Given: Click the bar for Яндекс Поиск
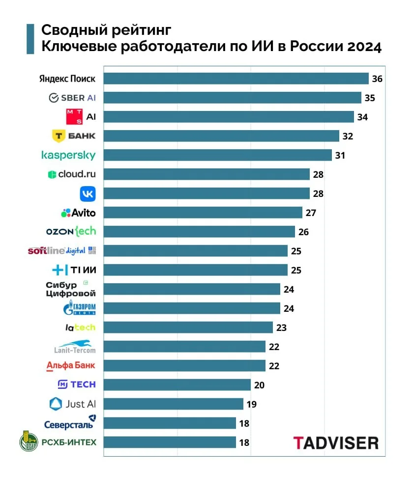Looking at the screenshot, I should tap(236, 79).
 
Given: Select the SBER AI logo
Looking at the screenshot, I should tap(72, 98).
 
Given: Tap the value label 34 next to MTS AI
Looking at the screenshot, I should tap(363, 117).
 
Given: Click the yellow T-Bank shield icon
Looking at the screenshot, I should tap(59, 136).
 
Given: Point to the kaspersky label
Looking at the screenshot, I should tap(68, 155).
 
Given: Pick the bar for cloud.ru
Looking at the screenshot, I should tap(206, 174).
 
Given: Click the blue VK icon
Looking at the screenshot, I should tap(88, 193).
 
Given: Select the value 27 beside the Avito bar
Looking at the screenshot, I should tap(311, 213).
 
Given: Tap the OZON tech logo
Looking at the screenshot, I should tap(71, 231).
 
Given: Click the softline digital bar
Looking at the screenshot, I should tap(195, 251).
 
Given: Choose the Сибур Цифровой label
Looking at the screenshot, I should tap(70, 289).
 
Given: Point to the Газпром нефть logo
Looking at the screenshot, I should tap(79, 308).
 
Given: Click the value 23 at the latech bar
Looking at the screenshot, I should tap(281, 327).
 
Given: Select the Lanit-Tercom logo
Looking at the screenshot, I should tap(75, 347).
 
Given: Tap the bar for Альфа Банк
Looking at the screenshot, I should tap(184, 366).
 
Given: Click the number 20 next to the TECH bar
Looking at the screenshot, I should tap(259, 385).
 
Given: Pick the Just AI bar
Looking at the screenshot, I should tap(173, 404).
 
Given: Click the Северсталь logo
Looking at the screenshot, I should tap(69, 423).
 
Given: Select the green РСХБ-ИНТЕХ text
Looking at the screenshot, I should tap(69, 442).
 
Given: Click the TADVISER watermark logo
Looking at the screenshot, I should tap(336, 442).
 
